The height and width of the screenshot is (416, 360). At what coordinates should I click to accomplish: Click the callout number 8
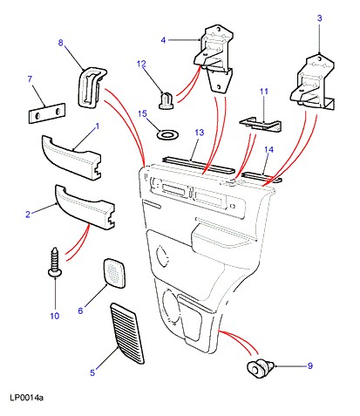point(60,43)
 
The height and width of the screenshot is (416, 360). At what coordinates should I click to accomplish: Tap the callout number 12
point(141,64)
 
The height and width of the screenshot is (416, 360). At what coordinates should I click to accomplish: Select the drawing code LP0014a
point(26,398)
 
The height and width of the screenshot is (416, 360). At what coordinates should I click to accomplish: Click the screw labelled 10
point(54,262)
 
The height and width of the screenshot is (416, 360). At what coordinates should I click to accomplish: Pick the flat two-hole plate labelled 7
point(46,113)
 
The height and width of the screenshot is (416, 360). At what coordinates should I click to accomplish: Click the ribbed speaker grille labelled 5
point(127,333)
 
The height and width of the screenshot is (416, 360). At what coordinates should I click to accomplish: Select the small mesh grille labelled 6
point(114,273)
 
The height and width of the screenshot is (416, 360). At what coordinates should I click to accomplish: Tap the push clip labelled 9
point(260,368)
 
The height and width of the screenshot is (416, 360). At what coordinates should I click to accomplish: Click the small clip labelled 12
point(166,100)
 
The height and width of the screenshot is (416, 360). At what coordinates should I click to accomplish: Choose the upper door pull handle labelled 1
point(71,157)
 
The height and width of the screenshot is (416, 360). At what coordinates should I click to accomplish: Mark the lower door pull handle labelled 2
point(85,207)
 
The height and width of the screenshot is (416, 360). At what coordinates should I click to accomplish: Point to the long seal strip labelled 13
point(199,165)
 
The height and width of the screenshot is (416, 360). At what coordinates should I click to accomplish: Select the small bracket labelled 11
point(261,124)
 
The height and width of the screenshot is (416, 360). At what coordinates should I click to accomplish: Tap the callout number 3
point(319,18)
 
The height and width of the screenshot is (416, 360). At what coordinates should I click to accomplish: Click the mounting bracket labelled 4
point(214,59)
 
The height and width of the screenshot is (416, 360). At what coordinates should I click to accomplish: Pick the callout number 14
point(268,149)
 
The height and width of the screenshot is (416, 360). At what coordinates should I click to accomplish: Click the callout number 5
point(92,372)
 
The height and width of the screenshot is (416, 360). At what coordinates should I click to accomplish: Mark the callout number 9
point(310,365)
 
